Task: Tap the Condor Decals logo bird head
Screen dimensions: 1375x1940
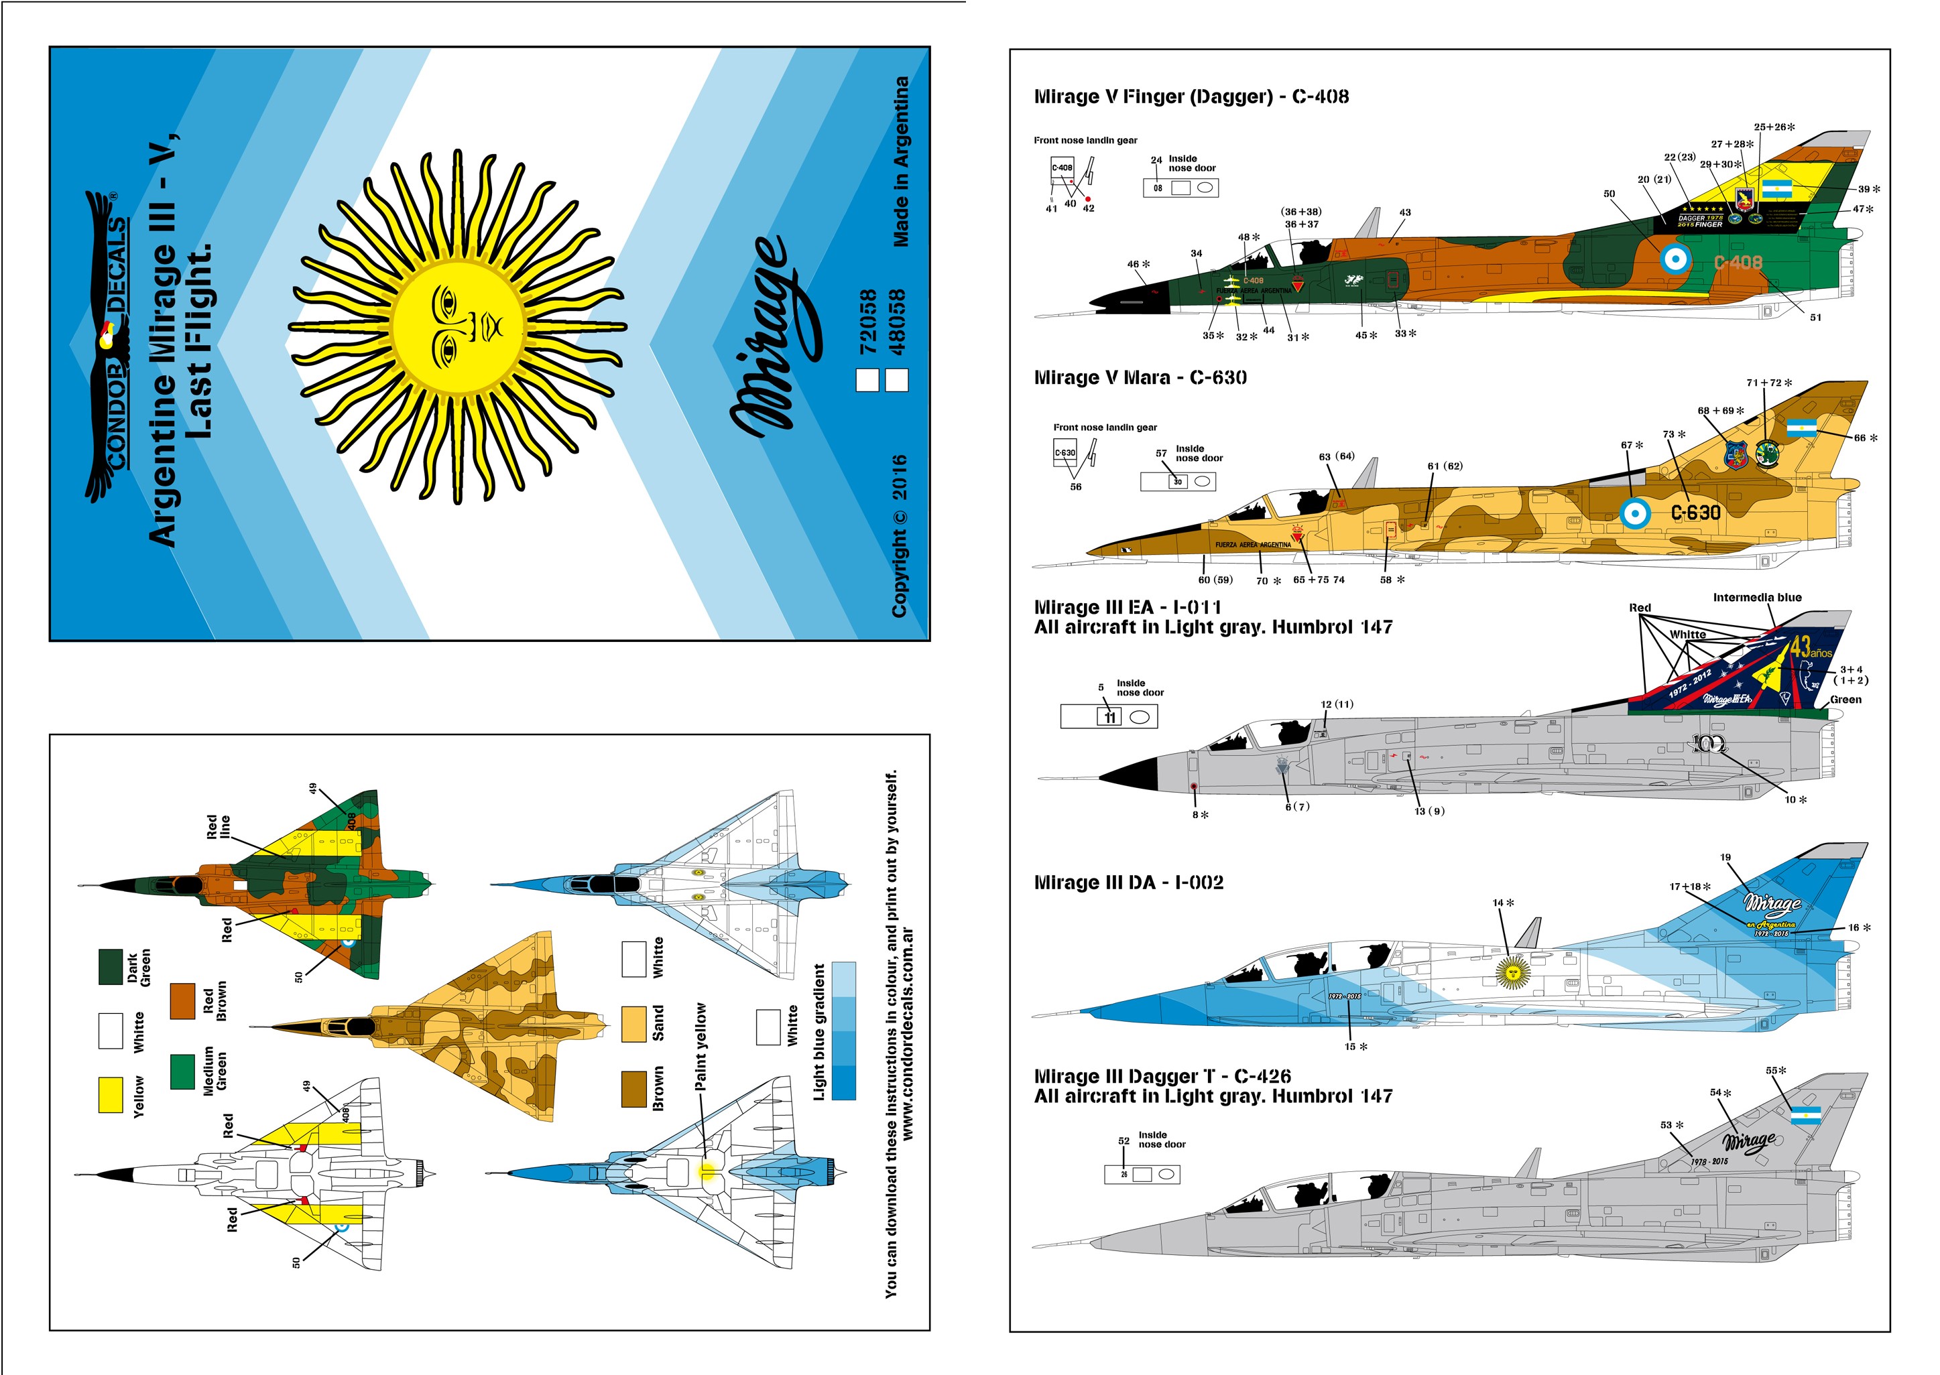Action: [x=107, y=336]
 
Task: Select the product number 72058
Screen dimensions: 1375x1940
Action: [x=868, y=322]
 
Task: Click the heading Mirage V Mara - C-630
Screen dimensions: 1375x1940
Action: [x=1140, y=378]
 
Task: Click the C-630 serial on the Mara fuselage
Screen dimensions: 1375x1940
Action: [x=1695, y=512]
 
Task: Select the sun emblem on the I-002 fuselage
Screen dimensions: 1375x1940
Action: [x=1512, y=972]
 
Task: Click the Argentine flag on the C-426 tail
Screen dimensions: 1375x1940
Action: [x=1806, y=1117]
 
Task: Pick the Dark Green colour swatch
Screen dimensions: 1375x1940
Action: [x=111, y=967]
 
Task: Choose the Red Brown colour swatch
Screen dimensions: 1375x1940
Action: [x=183, y=1002]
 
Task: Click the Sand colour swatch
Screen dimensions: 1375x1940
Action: [x=633, y=1024]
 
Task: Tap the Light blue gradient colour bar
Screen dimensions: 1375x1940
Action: [x=843, y=1031]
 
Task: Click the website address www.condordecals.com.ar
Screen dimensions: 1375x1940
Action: [x=908, y=1033]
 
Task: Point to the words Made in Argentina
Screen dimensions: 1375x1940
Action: [x=901, y=161]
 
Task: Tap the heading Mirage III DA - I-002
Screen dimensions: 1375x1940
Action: [x=1128, y=882]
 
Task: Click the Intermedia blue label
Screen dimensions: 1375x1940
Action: [x=1757, y=598]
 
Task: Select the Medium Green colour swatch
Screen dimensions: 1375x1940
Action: [x=183, y=1071]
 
